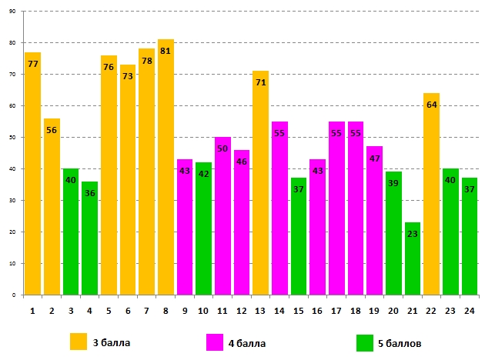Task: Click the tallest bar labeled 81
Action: coord(166,169)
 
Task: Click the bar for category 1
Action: coord(33,177)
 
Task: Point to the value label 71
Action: coord(260,82)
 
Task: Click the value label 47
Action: coord(374,158)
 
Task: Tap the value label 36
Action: coord(90,193)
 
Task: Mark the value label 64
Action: coord(431,105)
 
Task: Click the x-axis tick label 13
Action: coord(260,310)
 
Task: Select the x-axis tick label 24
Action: coord(469,310)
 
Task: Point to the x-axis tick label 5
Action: coord(109,310)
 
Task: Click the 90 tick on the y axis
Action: coord(12,12)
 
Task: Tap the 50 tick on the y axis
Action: coord(12,138)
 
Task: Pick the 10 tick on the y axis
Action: coord(12,264)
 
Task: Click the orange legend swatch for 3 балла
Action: coord(78,342)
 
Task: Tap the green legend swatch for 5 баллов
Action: coord(365,342)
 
